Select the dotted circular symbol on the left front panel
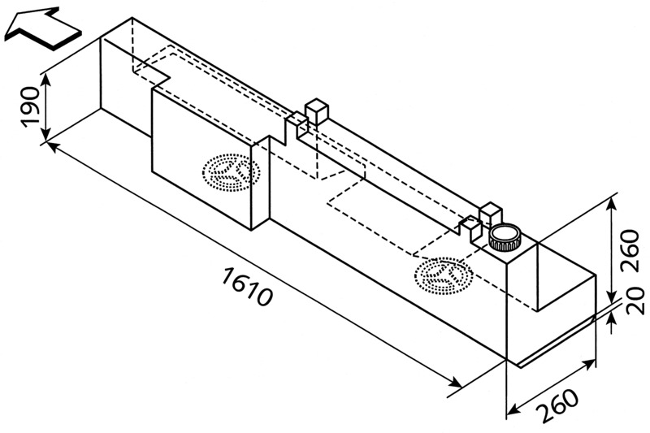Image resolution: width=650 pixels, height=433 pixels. click(x=232, y=171)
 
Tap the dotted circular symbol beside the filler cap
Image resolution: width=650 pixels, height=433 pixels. click(x=442, y=275)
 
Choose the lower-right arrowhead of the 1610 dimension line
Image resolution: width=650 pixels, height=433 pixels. click(x=457, y=383)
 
